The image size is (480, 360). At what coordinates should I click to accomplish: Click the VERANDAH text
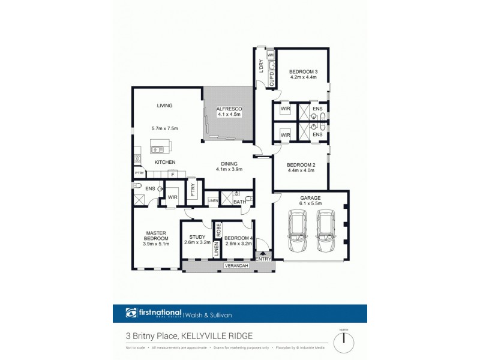(x=236, y=265)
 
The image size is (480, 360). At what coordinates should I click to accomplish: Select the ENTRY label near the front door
(x=264, y=259)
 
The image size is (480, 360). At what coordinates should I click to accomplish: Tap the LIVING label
(x=164, y=106)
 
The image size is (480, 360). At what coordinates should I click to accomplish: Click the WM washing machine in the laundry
(x=271, y=55)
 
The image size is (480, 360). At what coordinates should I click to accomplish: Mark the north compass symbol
(x=344, y=341)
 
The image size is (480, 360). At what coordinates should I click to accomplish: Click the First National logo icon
(x=131, y=313)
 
